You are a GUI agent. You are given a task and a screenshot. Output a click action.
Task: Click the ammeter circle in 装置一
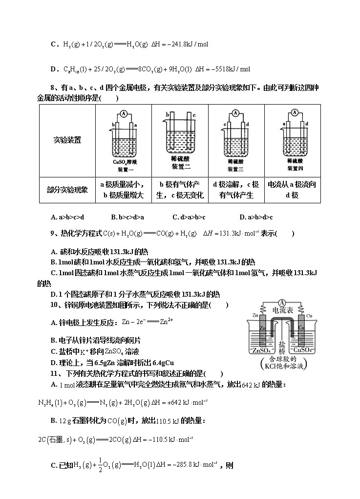[124, 114]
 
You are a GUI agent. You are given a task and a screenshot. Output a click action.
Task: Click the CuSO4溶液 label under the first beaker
[125, 162]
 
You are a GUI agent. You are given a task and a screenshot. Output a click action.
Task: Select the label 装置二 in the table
[181, 167]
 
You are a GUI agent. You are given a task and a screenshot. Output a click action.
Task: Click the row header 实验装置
[67, 140]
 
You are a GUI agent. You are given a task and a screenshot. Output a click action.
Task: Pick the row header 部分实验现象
[67, 190]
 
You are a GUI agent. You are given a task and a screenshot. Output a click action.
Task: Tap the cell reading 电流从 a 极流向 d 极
[292, 190]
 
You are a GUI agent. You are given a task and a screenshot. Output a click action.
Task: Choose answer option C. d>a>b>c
[189, 217]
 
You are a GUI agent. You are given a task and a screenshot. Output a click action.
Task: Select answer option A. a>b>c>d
[67, 217]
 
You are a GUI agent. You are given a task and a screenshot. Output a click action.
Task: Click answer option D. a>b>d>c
[256, 217]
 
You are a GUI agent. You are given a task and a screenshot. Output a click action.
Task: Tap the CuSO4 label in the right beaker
[306, 351]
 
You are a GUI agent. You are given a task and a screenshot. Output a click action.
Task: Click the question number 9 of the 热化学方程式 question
[52, 234]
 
